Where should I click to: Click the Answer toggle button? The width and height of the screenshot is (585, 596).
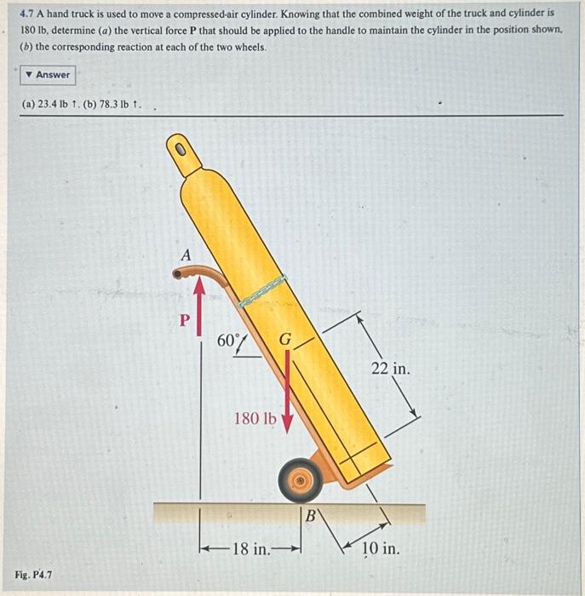(47, 75)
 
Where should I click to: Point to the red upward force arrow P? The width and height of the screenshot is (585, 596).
(201, 301)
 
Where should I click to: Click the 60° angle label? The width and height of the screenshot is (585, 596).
(229, 341)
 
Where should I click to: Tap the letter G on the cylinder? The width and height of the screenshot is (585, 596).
(286, 341)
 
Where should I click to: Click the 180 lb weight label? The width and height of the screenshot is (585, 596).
(255, 418)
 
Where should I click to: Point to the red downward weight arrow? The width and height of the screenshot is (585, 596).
(288, 392)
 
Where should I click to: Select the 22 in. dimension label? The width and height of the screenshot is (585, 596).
(390, 369)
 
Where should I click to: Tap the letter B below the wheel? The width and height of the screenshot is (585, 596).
(311, 516)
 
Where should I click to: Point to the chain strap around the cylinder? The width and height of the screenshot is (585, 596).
(261, 290)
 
